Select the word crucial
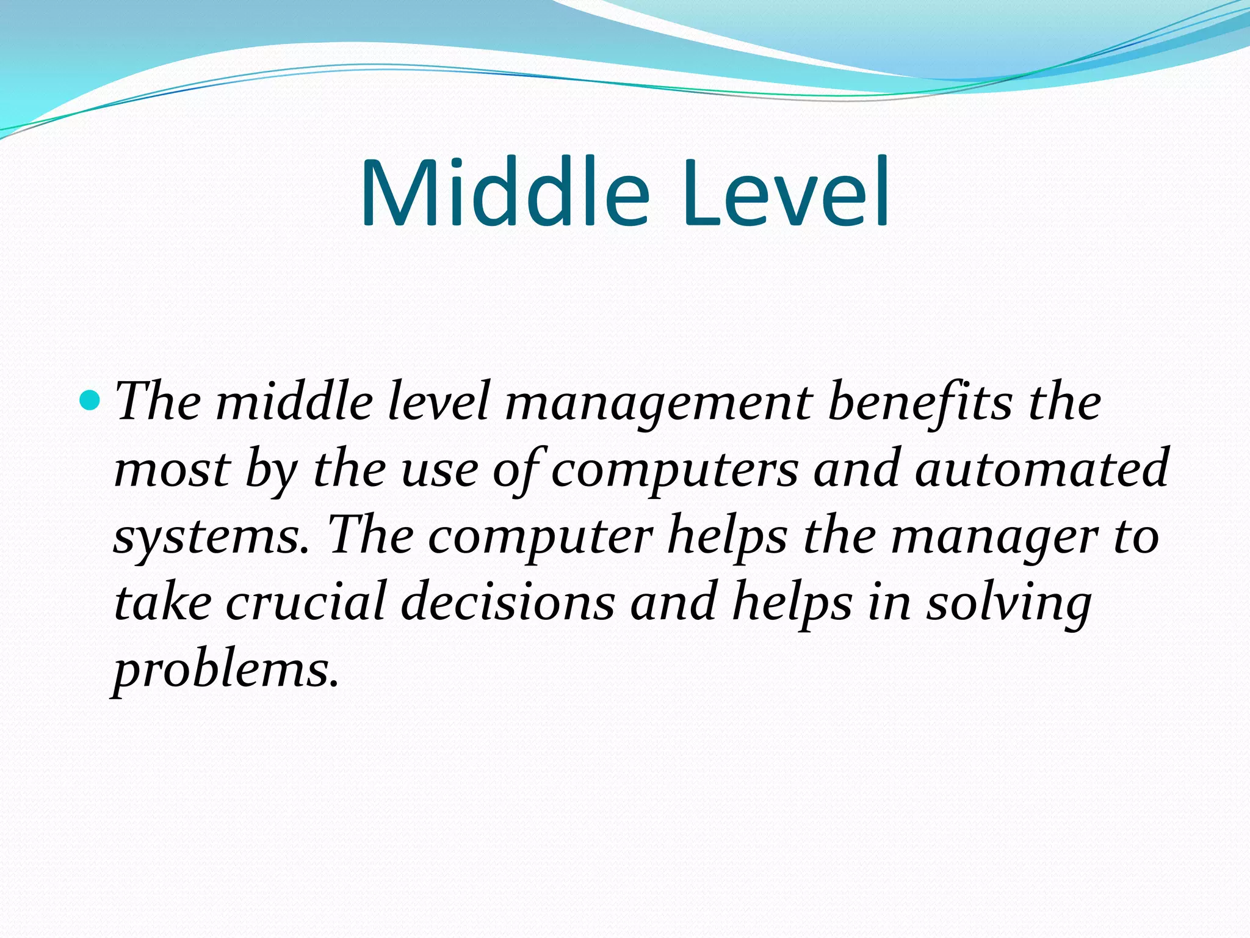click(x=306, y=602)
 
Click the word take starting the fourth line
click(x=162, y=602)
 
